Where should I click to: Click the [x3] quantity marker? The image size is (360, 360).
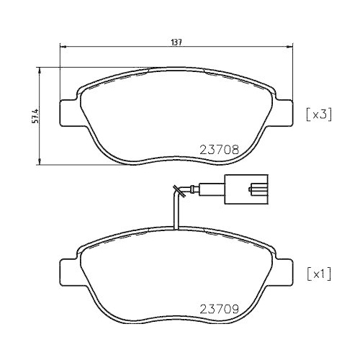(x=318, y=114)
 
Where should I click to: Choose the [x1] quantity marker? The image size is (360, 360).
(x=318, y=274)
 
